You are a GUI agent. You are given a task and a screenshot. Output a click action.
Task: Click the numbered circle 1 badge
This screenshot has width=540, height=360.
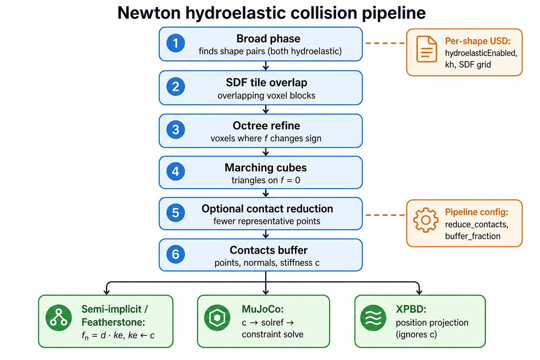point(175,43)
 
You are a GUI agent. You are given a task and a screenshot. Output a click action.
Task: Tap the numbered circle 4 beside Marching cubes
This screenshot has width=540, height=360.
point(175,172)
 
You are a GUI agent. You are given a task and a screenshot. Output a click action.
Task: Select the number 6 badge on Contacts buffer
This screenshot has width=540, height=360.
point(175,254)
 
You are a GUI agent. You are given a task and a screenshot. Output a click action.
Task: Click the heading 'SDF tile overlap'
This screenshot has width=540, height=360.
point(266,83)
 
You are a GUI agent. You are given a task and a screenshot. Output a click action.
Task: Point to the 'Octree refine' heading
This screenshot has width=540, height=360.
point(266,126)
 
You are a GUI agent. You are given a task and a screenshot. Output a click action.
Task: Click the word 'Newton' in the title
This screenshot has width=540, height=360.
point(149,13)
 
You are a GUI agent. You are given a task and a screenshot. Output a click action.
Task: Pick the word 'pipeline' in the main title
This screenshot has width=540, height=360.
point(394,13)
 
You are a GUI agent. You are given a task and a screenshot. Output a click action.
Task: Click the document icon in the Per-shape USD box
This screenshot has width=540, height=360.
point(426,49)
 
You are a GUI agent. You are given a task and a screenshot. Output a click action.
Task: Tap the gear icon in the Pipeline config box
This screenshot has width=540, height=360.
point(426,220)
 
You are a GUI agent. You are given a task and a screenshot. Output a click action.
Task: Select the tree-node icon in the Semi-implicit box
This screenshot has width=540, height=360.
point(59,317)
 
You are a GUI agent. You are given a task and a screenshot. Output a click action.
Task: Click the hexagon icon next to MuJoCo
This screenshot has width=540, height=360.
point(217,317)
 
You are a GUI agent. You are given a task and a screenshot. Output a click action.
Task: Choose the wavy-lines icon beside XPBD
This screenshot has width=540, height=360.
point(373,317)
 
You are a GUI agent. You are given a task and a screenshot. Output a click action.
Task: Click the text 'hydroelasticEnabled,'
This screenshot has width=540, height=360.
point(481,53)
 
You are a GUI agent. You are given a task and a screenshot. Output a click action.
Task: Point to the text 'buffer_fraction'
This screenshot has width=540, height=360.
point(473,236)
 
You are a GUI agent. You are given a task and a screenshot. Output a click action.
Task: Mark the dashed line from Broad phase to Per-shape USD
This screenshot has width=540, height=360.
point(385,43)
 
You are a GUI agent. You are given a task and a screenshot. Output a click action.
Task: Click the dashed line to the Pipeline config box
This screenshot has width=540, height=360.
point(385,215)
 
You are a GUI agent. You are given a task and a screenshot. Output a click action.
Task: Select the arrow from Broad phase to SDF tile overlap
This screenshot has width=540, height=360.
point(266,66)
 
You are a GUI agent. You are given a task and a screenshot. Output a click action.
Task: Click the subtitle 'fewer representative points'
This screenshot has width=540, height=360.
point(267,221)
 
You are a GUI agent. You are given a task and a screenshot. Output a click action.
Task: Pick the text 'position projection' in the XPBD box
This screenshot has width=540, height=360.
point(432,323)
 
